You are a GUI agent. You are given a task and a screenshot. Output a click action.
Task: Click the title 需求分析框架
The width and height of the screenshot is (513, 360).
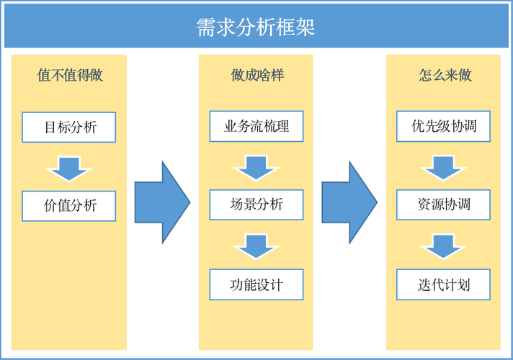(x=256, y=27)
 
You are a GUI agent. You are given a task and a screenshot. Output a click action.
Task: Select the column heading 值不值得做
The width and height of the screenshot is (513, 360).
(x=70, y=75)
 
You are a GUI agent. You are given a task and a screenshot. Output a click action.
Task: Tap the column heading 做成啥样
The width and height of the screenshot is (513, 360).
(x=256, y=75)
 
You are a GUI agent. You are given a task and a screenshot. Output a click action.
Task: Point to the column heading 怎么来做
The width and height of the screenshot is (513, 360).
(x=445, y=75)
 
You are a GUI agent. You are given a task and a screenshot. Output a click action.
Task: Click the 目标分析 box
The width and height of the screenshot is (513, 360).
(x=69, y=127)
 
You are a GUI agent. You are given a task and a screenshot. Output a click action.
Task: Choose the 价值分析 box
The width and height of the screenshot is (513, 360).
(x=69, y=206)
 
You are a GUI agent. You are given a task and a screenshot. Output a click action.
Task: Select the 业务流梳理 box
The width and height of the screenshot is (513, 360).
(x=256, y=127)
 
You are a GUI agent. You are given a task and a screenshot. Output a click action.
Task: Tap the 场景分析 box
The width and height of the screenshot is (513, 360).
(x=256, y=205)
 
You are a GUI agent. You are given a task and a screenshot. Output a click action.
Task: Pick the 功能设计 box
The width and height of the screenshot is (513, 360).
(x=256, y=284)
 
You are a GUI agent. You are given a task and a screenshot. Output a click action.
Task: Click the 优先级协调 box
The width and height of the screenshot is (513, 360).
(x=444, y=127)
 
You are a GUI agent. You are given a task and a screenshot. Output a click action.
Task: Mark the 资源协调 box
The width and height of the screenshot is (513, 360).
(x=444, y=205)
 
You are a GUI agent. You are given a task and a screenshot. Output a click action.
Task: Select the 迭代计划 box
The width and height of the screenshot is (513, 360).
(x=444, y=284)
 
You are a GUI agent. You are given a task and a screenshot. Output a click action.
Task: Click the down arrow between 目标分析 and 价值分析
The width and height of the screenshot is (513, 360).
(x=68, y=168)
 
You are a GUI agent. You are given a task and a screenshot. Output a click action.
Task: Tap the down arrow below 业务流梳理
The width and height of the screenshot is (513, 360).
(x=256, y=167)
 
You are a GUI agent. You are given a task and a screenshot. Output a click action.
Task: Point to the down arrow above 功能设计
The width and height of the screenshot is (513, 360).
(x=256, y=246)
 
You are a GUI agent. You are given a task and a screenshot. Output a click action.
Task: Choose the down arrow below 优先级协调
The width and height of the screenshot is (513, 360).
(x=443, y=167)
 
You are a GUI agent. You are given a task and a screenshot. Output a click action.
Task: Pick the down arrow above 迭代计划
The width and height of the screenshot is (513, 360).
(x=443, y=246)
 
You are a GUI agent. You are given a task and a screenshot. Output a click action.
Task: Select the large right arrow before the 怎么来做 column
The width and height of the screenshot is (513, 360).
(x=349, y=202)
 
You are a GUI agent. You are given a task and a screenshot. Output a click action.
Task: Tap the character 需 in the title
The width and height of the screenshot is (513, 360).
(x=206, y=27)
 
